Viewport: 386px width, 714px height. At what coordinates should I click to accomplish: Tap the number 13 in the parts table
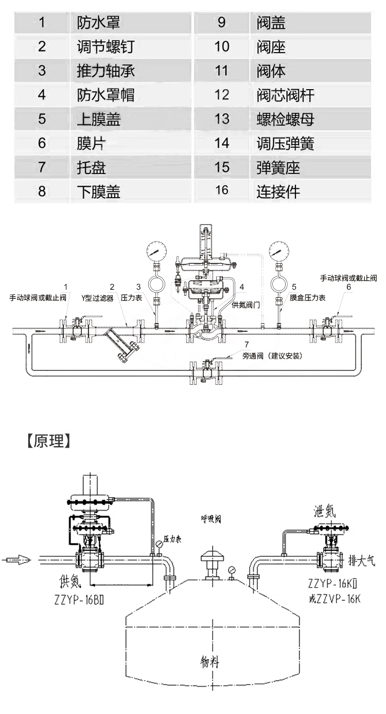[x=222, y=119]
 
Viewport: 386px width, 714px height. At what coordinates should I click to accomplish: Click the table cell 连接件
[x=278, y=192]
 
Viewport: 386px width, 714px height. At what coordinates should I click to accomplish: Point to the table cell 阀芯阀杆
[x=285, y=95]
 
